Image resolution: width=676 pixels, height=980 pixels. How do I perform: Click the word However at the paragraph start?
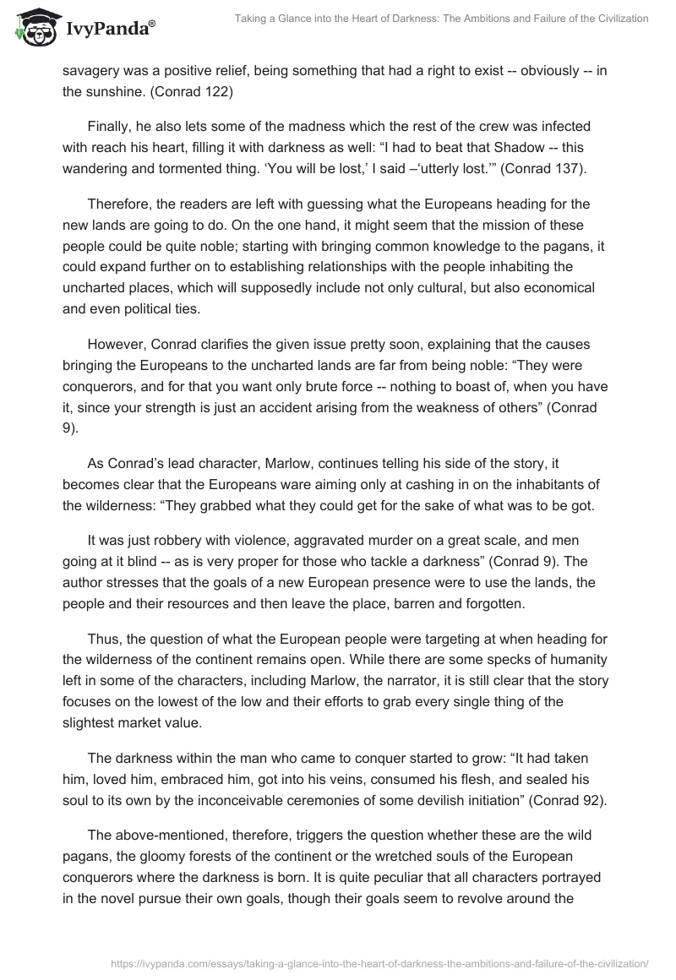click(x=119, y=346)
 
